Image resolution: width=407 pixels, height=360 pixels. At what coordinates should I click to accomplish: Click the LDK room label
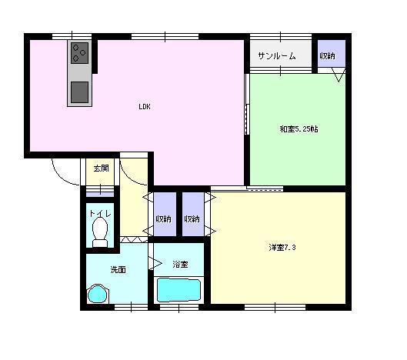tap(145, 107)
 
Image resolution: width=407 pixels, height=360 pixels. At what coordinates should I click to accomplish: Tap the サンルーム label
tap(277, 56)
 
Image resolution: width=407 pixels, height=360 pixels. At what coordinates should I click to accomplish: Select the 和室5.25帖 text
tap(299, 129)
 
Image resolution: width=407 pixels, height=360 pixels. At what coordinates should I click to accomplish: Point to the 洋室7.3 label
tap(282, 248)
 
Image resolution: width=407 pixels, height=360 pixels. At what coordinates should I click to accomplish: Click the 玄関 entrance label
tap(102, 168)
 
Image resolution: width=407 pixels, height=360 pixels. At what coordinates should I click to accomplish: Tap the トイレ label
tap(100, 214)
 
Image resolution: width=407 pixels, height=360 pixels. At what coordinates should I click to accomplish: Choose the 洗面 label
tap(118, 270)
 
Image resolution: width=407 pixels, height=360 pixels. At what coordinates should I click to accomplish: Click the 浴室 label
tap(180, 264)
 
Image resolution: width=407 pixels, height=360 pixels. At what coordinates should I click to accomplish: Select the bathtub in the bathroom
tap(178, 290)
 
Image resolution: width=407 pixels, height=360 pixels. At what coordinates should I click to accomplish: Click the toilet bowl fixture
tap(100, 232)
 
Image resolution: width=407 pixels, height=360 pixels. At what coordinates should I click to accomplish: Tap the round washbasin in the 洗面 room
tap(98, 294)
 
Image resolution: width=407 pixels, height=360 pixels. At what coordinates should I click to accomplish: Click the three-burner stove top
tap(80, 53)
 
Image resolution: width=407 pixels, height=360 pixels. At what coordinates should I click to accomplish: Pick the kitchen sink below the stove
tap(80, 92)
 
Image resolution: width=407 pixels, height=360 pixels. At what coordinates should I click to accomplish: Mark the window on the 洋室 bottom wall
tap(275, 308)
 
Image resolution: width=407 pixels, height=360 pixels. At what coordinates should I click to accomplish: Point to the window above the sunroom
tap(281, 36)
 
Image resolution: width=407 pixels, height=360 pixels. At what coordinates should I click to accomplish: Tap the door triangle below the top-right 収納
tap(339, 75)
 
